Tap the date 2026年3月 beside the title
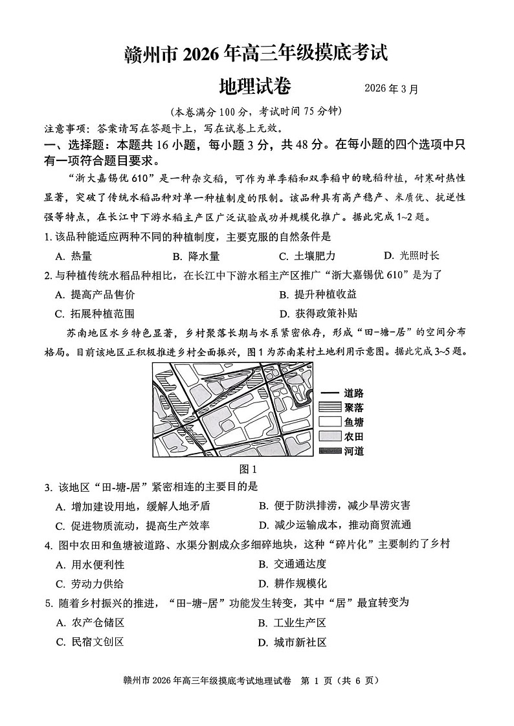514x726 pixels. point(390,89)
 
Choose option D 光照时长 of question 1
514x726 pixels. point(411,256)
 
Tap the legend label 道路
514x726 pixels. point(353,393)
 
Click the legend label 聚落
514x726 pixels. point(353,407)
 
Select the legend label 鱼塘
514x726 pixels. point(353,422)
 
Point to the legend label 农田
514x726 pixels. point(353,437)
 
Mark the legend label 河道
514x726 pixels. point(353,451)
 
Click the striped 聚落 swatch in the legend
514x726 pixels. point(330,407)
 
